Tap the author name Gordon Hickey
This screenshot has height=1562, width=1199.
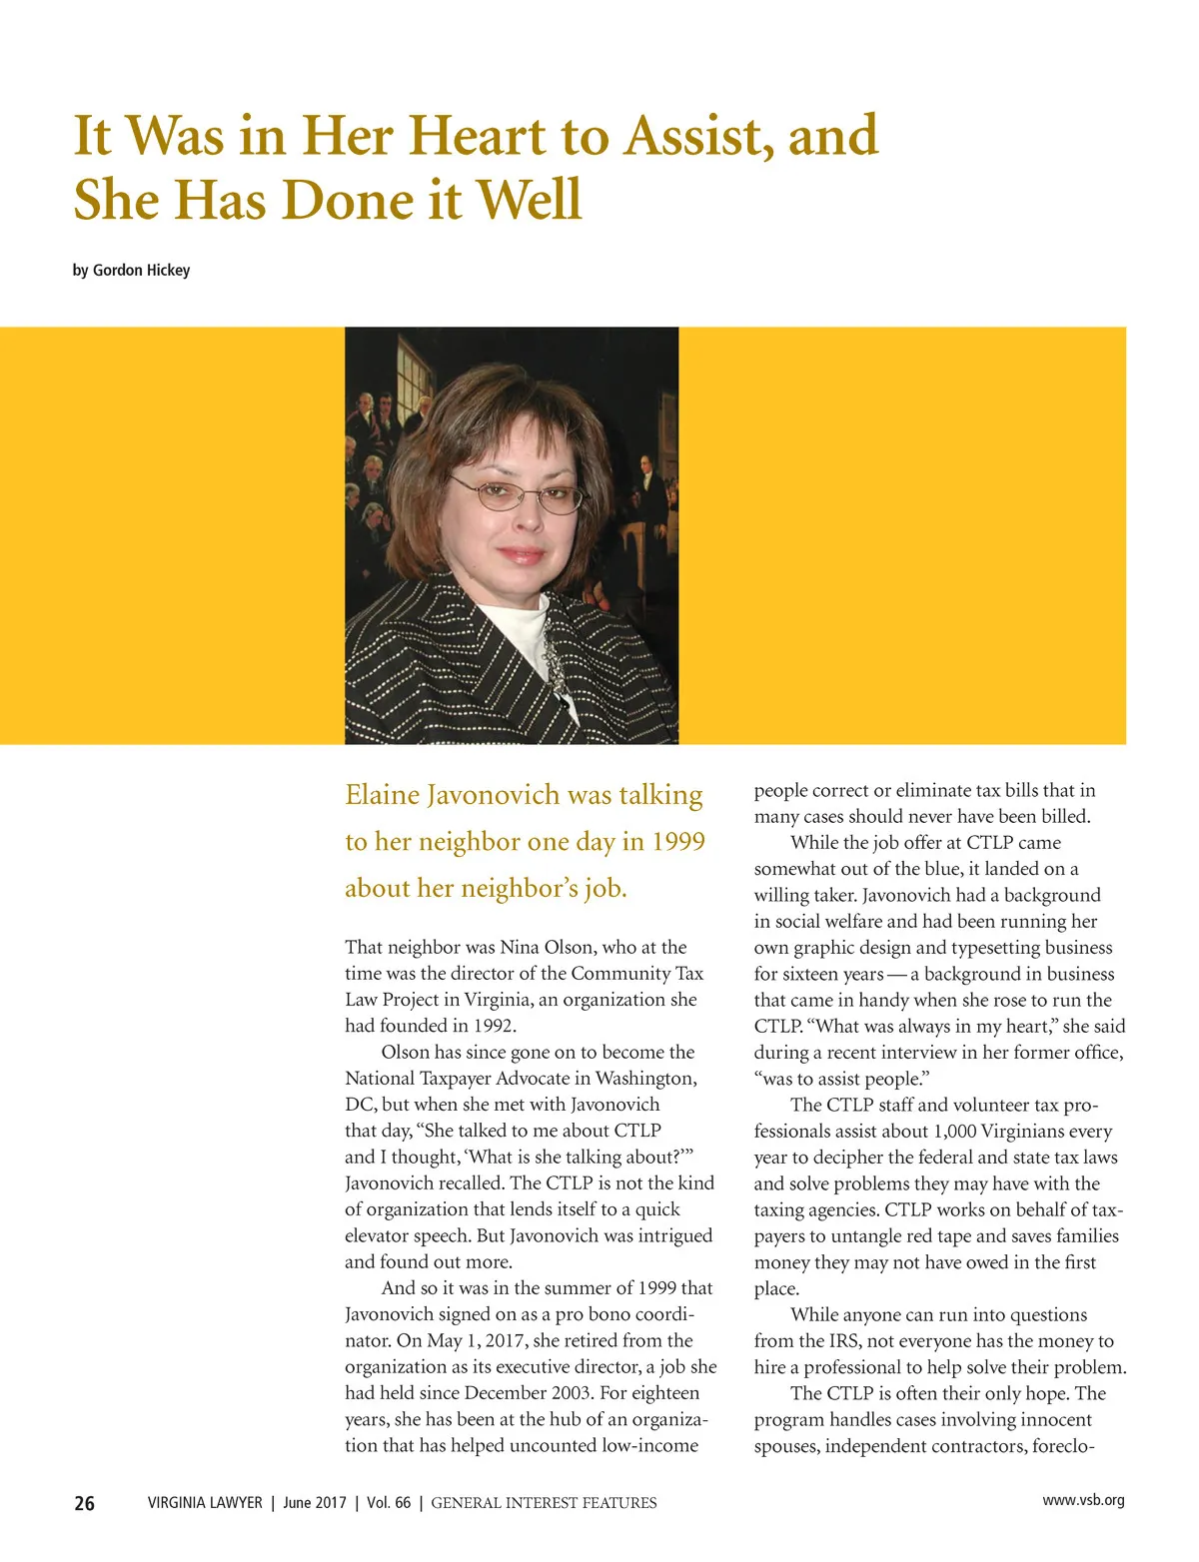pyautogui.click(x=141, y=271)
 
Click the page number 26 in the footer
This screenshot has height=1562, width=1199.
pyautogui.click(x=85, y=1503)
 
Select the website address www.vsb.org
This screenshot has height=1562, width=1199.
pyautogui.click(x=1083, y=1500)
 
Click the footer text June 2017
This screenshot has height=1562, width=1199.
pyautogui.click(x=315, y=1503)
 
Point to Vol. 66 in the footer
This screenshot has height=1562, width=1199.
pyautogui.click(x=389, y=1503)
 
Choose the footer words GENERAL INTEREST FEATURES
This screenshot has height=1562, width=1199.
pyautogui.click(x=544, y=1503)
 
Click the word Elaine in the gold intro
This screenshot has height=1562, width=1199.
pyautogui.click(x=382, y=795)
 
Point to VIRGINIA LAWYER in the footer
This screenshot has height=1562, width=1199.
pyautogui.click(x=205, y=1503)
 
